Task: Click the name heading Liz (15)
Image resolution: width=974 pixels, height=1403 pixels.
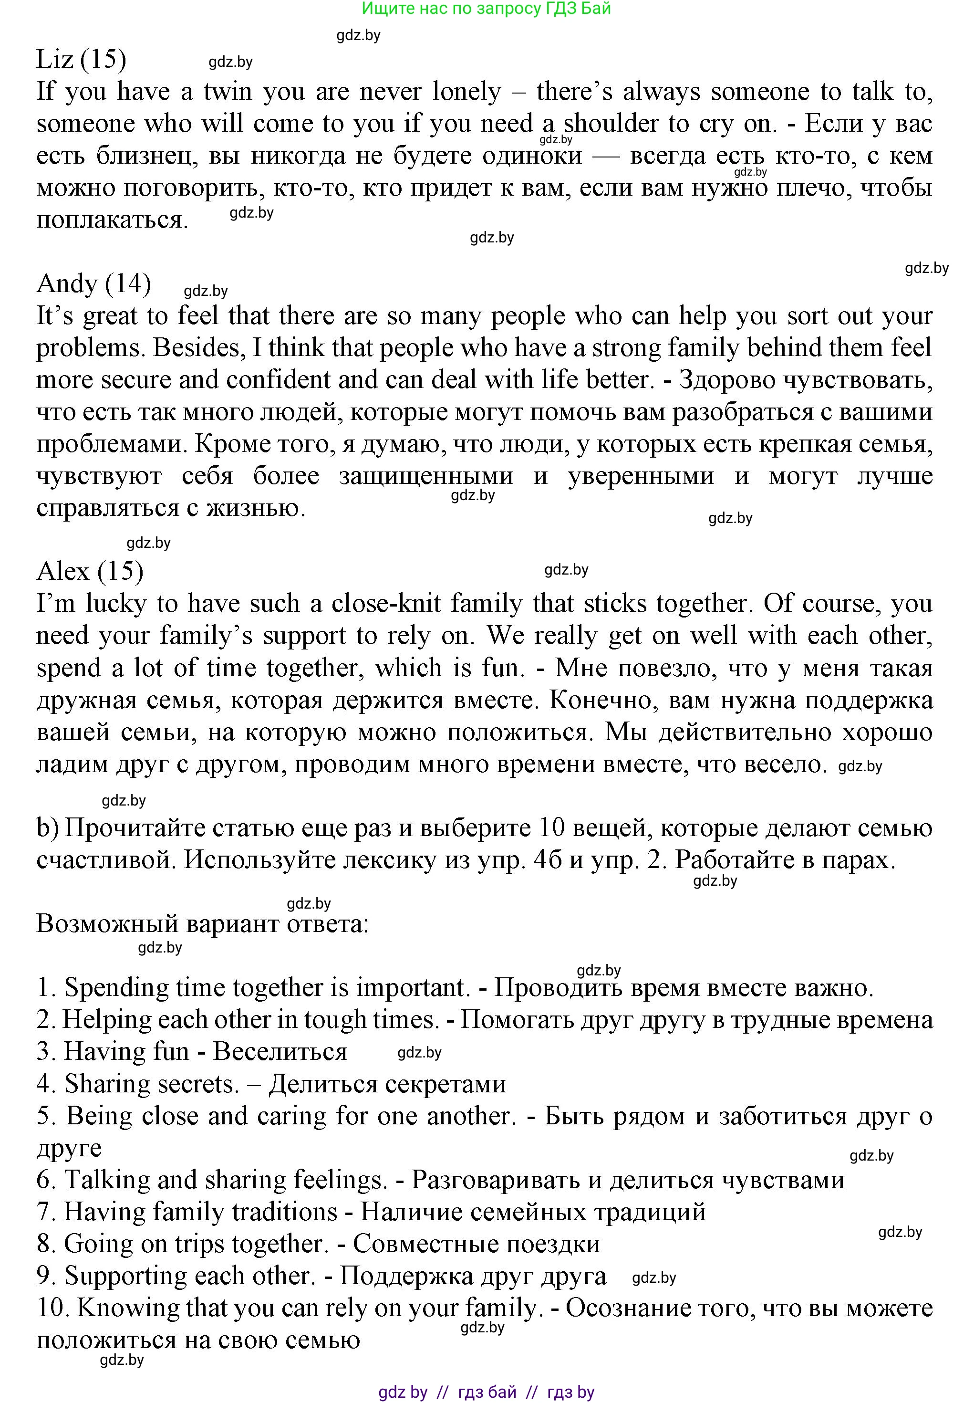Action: pyautogui.click(x=81, y=59)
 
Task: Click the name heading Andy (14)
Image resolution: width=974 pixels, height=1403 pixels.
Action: pyautogui.click(x=93, y=283)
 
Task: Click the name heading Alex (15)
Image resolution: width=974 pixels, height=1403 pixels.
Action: pyautogui.click(x=90, y=571)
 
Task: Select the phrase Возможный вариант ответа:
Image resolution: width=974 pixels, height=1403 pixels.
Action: pyautogui.click(x=203, y=924)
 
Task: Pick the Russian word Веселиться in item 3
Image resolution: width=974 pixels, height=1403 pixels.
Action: pyautogui.click(x=280, y=1052)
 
